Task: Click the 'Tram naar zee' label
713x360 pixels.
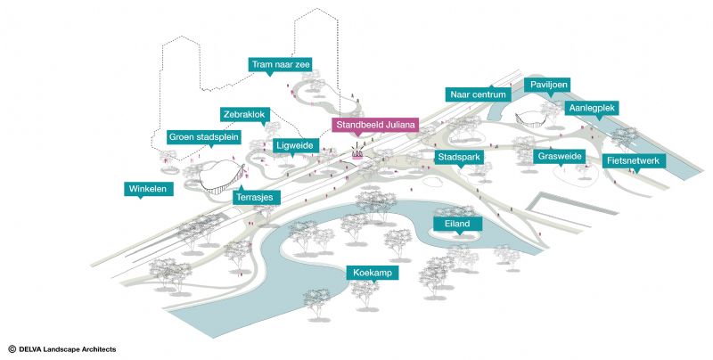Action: (x=280, y=64)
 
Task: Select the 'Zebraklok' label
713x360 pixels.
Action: (x=244, y=115)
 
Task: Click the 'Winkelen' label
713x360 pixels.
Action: (x=149, y=189)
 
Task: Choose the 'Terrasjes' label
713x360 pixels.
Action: (x=258, y=196)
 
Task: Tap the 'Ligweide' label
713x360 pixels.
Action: (x=296, y=144)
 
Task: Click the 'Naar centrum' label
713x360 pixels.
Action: (x=478, y=94)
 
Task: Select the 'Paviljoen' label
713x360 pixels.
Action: (x=548, y=84)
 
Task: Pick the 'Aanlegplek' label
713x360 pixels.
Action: (x=590, y=108)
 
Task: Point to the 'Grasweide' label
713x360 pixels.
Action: (x=560, y=156)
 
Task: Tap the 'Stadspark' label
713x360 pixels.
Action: (x=459, y=157)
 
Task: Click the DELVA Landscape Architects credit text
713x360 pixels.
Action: (x=62, y=349)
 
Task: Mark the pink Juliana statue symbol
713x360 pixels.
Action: (x=357, y=154)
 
